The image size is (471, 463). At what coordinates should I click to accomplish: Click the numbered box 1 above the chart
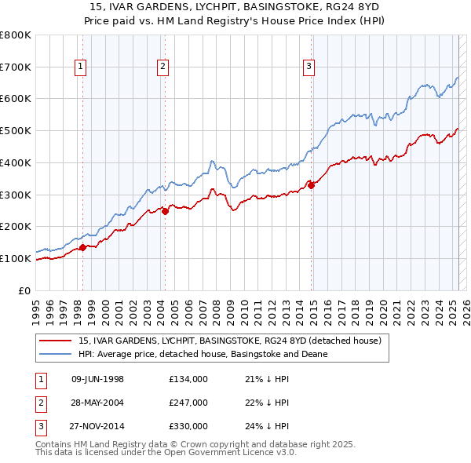point(82,67)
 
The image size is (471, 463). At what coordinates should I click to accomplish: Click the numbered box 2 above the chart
point(162,67)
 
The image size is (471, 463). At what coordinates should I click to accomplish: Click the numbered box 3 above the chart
point(309,67)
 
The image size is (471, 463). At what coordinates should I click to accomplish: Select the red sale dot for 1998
point(82,247)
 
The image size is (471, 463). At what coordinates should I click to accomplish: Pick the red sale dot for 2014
point(312,185)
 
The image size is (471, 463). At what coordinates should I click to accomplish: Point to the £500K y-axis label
point(16,131)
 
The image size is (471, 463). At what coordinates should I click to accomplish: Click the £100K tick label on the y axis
point(16,258)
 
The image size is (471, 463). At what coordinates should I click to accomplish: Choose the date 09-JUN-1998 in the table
point(97,379)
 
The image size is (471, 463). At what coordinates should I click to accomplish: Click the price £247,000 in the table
point(188,403)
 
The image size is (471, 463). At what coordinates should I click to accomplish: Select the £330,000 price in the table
point(188,426)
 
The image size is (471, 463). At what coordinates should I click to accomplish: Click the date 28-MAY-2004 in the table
point(97,403)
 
